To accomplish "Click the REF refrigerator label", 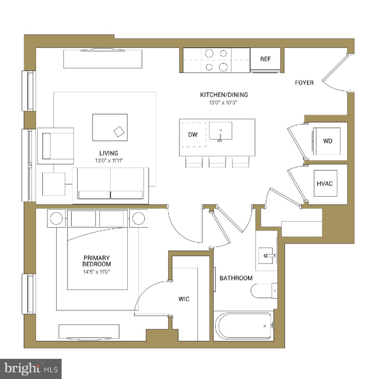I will pyautogui.click(x=265, y=59).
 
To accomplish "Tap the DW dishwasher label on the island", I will pyautogui.click(x=193, y=135).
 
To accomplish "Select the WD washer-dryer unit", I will pyautogui.click(x=327, y=141).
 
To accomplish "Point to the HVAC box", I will pyautogui.click(x=325, y=183).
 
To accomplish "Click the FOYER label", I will pyautogui.click(x=304, y=83).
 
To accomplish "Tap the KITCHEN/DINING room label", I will pyautogui.click(x=224, y=94).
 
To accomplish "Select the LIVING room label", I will pyautogui.click(x=109, y=153).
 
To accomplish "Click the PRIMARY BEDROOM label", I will pyautogui.click(x=97, y=261).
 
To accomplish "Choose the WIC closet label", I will pyautogui.click(x=184, y=299).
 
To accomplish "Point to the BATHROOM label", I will pyautogui.click(x=236, y=278).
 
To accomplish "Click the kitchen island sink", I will pyautogui.click(x=220, y=131).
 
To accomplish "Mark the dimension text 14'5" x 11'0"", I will pyautogui.click(x=97, y=271).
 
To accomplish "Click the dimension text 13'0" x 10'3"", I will pyautogui.click(x=224, y=102).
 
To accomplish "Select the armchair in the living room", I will pyautogui.click(x=56, y=146).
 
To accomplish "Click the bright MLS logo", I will pyautogui.click(x=31, y=368).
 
